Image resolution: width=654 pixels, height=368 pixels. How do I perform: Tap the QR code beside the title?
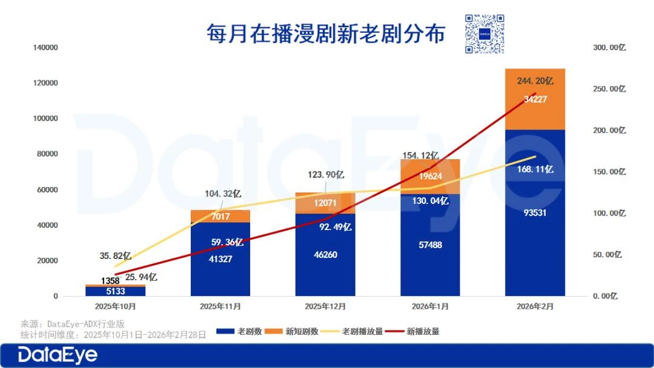click(484, 34)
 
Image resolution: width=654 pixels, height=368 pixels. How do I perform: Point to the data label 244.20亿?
click(535, 80)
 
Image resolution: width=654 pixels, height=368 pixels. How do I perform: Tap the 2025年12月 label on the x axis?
click(325, 306)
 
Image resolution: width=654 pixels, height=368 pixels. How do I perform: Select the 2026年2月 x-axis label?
click(534, 306)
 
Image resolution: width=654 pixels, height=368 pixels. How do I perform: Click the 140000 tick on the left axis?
click(46, 47)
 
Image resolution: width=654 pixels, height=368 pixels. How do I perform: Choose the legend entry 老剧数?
click(240, 332)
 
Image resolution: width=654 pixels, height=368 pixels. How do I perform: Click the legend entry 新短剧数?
click(294, 332)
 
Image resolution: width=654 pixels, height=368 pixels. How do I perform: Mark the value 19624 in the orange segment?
click(430, 177)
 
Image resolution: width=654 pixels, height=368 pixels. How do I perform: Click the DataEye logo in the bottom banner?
click(58, 355)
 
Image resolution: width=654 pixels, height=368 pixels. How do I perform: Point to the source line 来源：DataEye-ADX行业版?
click(72, 324)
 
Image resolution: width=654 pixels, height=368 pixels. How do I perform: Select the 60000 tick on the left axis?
click(48, 189)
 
